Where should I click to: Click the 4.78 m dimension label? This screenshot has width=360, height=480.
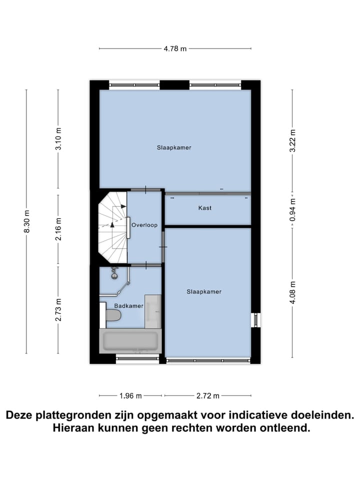coord(175,48)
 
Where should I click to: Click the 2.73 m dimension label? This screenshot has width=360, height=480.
coord(58,309)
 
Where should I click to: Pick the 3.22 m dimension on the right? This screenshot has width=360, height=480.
coord(293,139)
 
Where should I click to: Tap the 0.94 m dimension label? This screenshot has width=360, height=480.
coord(293,209)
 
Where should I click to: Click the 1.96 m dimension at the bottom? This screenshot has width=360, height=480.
coord(130,395)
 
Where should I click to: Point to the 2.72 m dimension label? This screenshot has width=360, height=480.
coord(207,395)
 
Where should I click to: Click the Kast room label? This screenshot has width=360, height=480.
coord(204,207)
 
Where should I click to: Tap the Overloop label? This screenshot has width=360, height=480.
coord(144,225)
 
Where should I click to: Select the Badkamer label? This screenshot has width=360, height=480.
coord(128,305)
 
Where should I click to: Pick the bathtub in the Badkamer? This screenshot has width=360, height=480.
coord(130,341)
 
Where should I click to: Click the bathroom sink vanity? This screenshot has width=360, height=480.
coord(153,311)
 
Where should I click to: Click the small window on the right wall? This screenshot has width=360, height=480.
coord(255,319)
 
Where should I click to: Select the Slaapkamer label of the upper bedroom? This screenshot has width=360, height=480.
coord(174,147)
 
